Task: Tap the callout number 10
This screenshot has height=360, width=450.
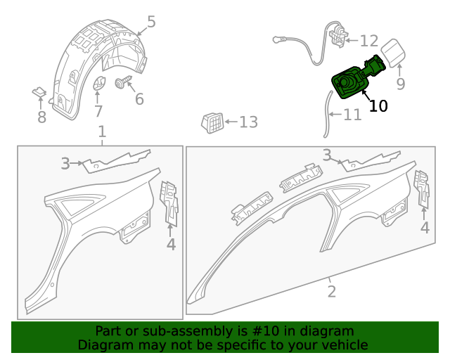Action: pyautogui.click(x=378, y=106)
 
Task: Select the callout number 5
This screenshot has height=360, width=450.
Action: pyautogui.click(x=151, y=22)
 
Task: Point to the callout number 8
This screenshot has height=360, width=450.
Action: pyautogui.click(x=41, y=117)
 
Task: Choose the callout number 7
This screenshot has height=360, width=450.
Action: pyautogui.click(x=98, y=110)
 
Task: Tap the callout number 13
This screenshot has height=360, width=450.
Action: pyautogui.click(x=248, y=122)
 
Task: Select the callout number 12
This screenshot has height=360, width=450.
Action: pyautogui.click(x=369, y=41)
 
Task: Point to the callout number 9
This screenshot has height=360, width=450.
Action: pyautogui.click(x=400, y=84)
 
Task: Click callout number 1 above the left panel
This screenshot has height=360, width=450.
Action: pyautogui.click(x=102, y=131)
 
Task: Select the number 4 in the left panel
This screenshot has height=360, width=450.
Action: pyautogui.click(x=171, y=245)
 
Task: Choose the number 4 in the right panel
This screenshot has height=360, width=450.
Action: pyautogui.click(x=425, y=227)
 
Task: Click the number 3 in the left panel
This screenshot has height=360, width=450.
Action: pyautogui.click(x=65, y=164)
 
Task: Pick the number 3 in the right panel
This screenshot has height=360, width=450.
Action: pyautogui.click(x=327, y=155)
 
